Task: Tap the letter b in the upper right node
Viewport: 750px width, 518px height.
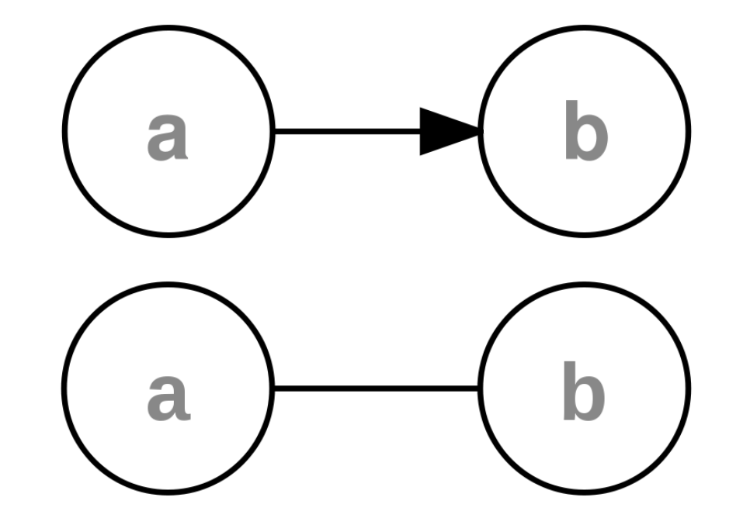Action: pyautogui.click(x=585, y=133)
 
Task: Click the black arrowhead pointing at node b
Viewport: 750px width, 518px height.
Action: pyautogui.click(x=446, y=130)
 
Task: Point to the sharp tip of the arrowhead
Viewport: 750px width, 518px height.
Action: pyautogui.click(x=480, y=130)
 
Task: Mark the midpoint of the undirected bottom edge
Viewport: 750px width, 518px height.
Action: pyautogui.click(x=377, y=388)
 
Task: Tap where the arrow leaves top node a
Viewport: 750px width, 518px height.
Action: pyautogui.click(x=274, y=130)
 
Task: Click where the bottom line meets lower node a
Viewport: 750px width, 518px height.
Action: pyautogui.click(x=274, y=388)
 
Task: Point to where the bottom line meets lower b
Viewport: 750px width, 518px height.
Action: pyautogui.click(x=479, y=388)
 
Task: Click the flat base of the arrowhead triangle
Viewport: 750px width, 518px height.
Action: pyautogui.click(x=421, y=130)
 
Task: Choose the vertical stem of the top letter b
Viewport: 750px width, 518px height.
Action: pyautogui.click(x=571, y=132)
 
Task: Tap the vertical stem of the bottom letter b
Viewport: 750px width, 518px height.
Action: pyautogui.click(x=571, y=390)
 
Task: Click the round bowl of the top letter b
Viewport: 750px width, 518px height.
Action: pyautogui.click(x=592, y=141)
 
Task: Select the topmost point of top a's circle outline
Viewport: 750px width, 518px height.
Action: pyautogui.click(x=168, y=26)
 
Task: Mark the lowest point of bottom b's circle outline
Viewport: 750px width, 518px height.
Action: pyautogui.click(x=584, y=492)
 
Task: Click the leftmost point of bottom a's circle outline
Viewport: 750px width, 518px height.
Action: pyautogui.click(x=64, y=388)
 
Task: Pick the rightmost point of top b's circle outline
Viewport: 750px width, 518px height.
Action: pyautogui.click(x=689, y=130)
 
